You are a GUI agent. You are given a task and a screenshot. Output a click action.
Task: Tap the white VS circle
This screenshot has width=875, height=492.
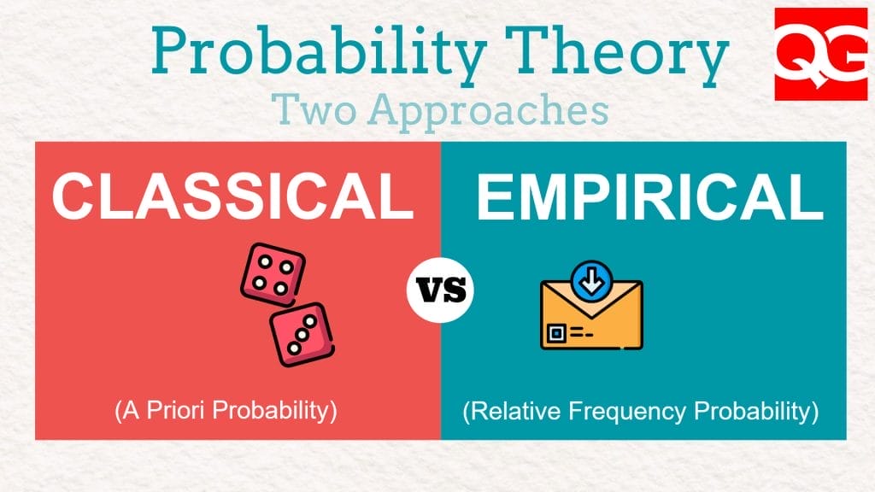click(441, 290)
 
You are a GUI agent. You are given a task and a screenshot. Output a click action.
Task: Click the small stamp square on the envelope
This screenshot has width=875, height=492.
click(559, 331)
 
